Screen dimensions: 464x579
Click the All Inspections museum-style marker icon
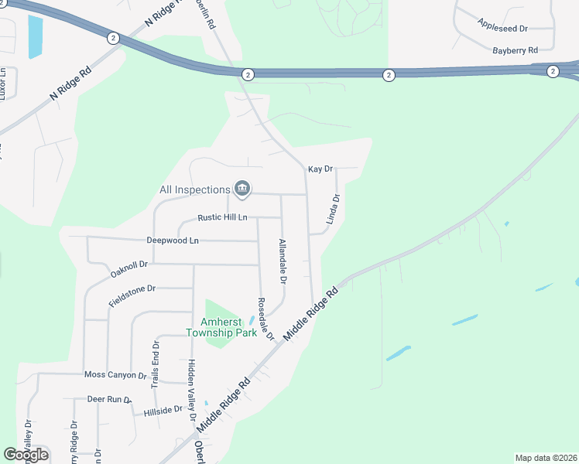(x=242, y=189)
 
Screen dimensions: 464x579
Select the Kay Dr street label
(x=320, y=169)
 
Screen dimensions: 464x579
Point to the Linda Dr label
(x=334, y=209)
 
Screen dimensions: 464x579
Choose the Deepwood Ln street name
(x=173, y=241)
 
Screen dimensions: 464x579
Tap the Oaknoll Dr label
(x=128, y=268)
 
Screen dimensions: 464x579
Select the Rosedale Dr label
(x=266, y=319)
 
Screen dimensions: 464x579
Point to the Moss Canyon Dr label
(x=115, y=375)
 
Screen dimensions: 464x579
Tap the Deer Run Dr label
(x=107, y=399)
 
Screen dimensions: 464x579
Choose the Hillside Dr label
(x=163, y=411)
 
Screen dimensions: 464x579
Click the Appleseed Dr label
(x=502, y=28)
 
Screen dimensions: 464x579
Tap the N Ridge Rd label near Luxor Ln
(x=70, y=83)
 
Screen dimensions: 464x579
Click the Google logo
(x=26, y=454)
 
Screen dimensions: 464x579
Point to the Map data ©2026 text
(x=546, y=458)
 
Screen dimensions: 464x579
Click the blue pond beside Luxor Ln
(x=35, y=36)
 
